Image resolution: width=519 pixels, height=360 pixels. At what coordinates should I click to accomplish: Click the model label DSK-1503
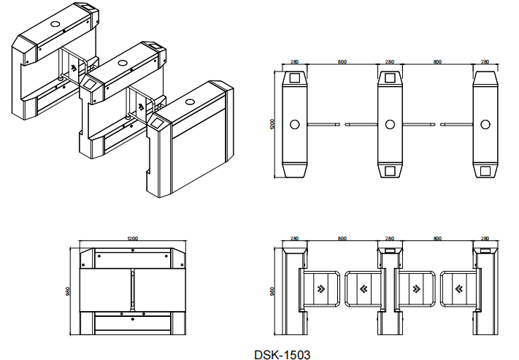pos(282,355)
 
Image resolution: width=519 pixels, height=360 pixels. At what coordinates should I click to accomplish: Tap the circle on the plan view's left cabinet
pos(295,125)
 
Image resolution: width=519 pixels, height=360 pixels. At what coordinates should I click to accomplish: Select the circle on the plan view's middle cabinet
pos(390,125)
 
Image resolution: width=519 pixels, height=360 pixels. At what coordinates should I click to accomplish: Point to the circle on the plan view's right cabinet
pos(485,125)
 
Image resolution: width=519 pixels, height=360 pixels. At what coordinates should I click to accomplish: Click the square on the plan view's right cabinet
pos(485,171)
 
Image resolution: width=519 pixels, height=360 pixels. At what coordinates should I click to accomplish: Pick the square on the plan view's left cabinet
pos(295,78)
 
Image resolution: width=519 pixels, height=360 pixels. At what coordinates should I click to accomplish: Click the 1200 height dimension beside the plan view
pos(272,124)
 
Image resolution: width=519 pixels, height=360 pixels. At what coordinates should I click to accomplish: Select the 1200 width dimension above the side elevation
pos(132,239)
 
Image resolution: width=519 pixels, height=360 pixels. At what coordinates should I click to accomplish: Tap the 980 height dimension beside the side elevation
pos(68,291)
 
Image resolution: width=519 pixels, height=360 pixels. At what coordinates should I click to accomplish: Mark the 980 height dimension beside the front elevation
pos(272,291)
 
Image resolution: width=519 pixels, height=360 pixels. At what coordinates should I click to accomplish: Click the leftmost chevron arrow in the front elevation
pos(320,288)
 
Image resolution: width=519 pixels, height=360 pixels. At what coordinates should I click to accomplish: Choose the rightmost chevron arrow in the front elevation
pos(458,288)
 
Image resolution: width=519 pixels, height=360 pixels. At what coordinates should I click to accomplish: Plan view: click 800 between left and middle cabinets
pos(342,61)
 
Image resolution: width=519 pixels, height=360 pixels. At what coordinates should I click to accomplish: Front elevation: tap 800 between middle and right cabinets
pos(437,239)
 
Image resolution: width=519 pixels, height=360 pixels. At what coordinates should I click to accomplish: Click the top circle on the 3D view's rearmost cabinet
pos(55,24)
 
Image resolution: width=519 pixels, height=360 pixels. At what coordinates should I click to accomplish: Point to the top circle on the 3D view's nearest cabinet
pos(190,102)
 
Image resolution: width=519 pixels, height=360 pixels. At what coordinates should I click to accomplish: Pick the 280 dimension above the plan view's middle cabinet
pos(390,61)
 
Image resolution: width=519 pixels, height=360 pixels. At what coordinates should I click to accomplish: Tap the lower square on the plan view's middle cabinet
pos(390,171)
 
